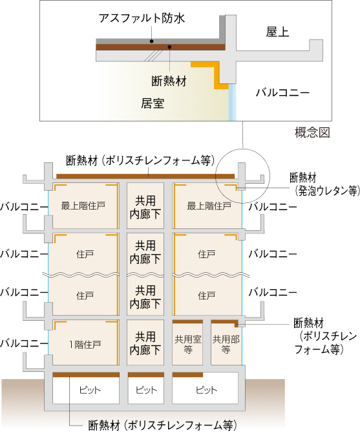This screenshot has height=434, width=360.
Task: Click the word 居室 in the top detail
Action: (x=153, y=102)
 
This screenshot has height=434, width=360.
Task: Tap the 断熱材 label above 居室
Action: (x=169, y=81)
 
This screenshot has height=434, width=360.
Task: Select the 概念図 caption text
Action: (x=312, y=133)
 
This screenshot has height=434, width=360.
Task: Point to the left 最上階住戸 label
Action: (x=83, y=206)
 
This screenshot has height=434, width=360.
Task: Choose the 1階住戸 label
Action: (x=85, y=344)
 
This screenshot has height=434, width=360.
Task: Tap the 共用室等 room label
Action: (x=187, y=344)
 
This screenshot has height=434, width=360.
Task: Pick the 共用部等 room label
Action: (x=226, y=344)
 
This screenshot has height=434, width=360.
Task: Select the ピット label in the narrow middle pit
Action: (x=145, y=390)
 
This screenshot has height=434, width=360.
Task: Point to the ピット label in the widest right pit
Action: (x=206, y=390)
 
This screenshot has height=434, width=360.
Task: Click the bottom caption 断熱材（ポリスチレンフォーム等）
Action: (x=162, y=425)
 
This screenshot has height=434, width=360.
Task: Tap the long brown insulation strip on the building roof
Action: (x=145, y=175)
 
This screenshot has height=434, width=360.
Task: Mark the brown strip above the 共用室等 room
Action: (x=187, y=321)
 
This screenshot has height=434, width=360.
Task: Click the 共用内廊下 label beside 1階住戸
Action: (x=145, y=343)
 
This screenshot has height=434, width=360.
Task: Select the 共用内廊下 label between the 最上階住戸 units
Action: (x=145, y=207)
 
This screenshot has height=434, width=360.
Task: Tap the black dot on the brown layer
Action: (x=169, y=47)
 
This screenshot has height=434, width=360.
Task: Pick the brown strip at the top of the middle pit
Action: (x=145, y=374)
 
